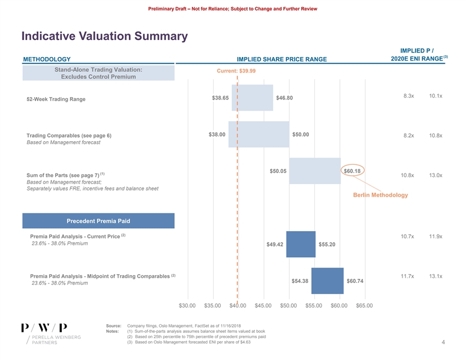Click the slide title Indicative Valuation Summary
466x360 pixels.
coord(104,36)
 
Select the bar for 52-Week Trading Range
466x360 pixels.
coord(252,98)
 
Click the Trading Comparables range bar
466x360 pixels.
coord(259,134)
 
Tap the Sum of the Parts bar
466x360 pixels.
coord(315,171)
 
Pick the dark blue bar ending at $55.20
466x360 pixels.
coord(301,244)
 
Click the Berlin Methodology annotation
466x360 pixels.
coord(380,195)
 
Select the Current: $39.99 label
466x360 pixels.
coord(236,71)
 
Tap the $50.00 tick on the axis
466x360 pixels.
coord(288,305)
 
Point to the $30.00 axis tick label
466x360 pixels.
coord(188,305)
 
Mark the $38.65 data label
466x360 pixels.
coord(221,98)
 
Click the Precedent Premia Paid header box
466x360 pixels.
coord(98,221)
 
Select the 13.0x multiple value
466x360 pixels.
coord(436,175)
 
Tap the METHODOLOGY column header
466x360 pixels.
coord(46,59)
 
